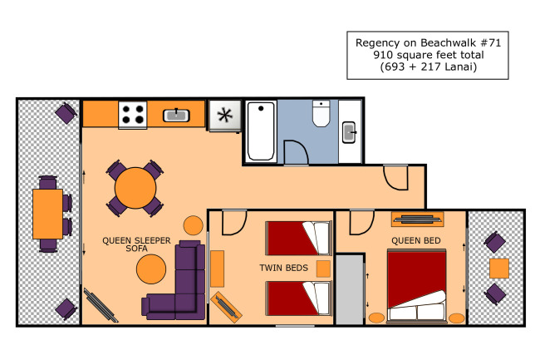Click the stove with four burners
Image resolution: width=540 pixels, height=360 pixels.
pyautogui.click(x=133, y=115)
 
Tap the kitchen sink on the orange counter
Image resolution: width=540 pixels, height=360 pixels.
pyautogui.click(x=176, y=116)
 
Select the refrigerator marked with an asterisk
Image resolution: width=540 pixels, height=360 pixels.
pyautogui.click(x=225, y=116)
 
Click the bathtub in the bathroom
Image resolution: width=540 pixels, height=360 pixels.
pyautogui.click(x=261, y=131)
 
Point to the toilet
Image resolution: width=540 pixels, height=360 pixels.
pyautogui.click(x=321, y=113)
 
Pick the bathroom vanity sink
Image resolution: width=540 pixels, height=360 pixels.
pyautogui.click(x=349, y=132)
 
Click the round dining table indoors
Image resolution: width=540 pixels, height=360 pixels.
pyautogui.click(x=135, y=188)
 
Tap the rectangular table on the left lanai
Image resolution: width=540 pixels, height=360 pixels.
pyautogui.click(x=48, y=214)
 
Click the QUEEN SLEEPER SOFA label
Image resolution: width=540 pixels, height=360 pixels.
pyautogui.click(x=136, y=244)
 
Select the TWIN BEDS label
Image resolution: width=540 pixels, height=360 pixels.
pyautogui.click(x=284, y=268)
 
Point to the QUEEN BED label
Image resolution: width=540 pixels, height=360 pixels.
pyautogui.click(x=416, y=240)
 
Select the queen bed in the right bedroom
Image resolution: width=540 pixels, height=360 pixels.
pyautogui.click(x=417, y=287)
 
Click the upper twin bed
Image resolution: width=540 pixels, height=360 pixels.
pyautogui.click(x=298, y=238)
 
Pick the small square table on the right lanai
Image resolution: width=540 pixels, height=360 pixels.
pyautogui.click(x=499, y=269)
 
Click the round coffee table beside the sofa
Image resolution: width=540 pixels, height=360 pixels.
pyautogui.click(x=151, y=269)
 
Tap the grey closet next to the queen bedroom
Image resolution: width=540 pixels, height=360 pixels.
pyautogui.click(x=350, y=289)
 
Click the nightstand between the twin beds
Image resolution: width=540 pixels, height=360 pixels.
pyautogui.click(x=323, y=269)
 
